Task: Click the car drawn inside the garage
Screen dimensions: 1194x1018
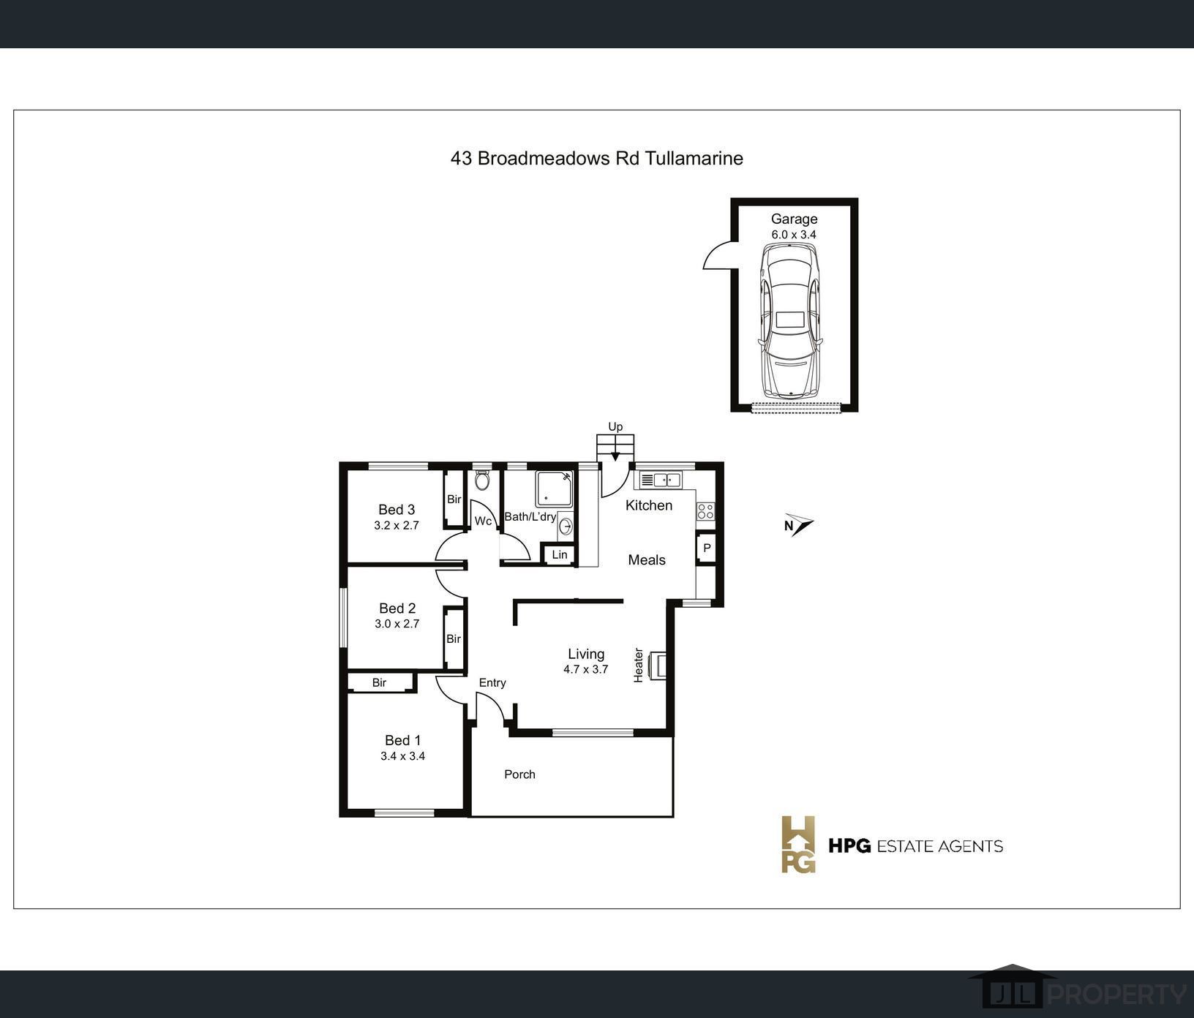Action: tap(790, 320)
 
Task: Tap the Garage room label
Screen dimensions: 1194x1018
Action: tap(794, 219)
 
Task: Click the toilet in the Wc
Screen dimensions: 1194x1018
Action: tap(481, 480)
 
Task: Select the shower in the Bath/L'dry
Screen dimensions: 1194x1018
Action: tap(554, 489)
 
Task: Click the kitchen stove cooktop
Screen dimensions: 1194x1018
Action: tap(705, 511)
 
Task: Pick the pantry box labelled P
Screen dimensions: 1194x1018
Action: tap(707, 548)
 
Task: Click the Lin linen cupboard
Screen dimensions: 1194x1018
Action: tap(559, 554)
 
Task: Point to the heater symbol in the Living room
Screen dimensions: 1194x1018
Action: tap(659, 666)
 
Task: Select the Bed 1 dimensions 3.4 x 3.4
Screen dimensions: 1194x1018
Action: tap(402, 756)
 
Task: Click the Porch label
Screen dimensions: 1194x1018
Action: tap(519, 774)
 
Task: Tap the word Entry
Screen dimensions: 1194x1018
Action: tap(492, 682)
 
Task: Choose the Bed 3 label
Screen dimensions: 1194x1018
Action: tap(397, 510)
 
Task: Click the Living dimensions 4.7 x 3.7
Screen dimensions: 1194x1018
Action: tap(585, 669)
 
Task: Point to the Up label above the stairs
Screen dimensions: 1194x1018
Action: tap(615, 426)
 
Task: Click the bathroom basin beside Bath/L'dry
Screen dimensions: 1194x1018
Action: tap(566, 525)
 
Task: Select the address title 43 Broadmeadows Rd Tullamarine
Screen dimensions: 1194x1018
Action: tap(597, 158)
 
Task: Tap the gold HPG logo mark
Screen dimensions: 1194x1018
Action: tap(798, 845)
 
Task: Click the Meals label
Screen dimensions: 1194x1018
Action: tap(647, 560)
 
